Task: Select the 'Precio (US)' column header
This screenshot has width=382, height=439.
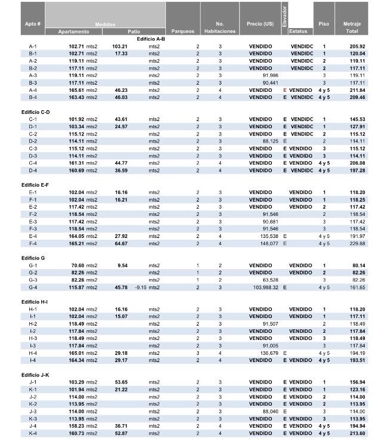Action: tap(260, 24)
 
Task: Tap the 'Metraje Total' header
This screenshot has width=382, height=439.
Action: tap(352, 27)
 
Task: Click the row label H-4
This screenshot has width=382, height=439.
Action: tap(33, 353)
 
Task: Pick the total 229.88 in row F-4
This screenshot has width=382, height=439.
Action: tap(358, 243)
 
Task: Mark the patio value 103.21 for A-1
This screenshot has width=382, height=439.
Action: tap(119, 47)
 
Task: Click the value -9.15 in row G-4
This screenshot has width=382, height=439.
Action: tap(141, 287)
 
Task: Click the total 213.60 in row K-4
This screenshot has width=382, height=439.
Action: tap(357, 433)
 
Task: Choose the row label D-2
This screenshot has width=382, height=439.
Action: tap(33, 141)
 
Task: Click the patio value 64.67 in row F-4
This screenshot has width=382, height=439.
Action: tap(121, 243)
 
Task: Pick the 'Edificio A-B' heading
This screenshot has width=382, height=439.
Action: tap(151, 39)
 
